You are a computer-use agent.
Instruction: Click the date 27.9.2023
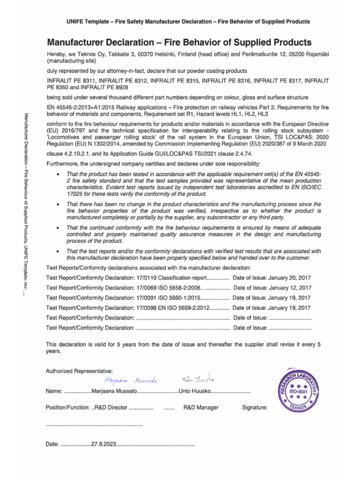coord(104,444)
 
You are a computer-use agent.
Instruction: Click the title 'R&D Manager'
coord(201,408)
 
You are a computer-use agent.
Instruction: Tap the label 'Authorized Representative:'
coord(79,371)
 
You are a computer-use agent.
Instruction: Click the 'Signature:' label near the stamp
coord(255,408)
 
